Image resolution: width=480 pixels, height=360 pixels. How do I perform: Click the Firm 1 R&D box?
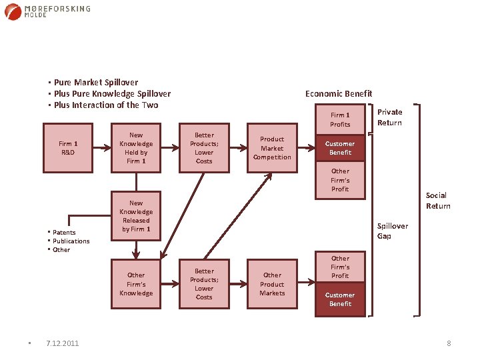coord(68,148)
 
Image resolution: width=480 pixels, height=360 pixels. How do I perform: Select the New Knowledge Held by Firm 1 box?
coord(136,148)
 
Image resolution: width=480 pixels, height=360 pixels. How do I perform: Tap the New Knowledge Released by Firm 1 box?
coord(136,216)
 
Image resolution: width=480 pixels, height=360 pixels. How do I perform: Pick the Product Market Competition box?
coord(272,148)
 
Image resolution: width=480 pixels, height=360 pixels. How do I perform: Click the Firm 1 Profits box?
coord(340,119)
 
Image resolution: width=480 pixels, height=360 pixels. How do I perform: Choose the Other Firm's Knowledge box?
coord(136,284)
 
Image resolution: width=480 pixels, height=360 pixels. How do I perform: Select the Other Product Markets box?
coord(272,284)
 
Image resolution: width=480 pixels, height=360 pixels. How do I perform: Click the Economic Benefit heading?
coord(339,94)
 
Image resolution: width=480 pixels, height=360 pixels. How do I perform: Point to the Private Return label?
coord(389,118)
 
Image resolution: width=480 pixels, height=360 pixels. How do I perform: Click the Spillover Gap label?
coord(393,231)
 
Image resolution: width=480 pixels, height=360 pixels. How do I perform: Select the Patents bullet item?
coord(64,233)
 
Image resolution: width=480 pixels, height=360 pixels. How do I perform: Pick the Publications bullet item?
coord(71,241)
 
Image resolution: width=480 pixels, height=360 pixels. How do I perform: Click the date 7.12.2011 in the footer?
coord(62,343)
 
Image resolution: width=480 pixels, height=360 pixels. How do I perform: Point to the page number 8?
coord(449,343)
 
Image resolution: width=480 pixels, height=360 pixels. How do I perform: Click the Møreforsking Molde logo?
coord(47,12)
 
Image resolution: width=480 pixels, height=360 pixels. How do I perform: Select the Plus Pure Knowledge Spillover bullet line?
coord(112,94)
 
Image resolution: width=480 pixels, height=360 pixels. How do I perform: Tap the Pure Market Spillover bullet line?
coord(96,83)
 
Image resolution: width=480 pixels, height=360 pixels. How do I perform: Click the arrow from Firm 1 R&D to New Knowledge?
coord(101,148)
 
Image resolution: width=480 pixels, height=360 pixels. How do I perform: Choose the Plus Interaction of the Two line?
coord(106,105)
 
